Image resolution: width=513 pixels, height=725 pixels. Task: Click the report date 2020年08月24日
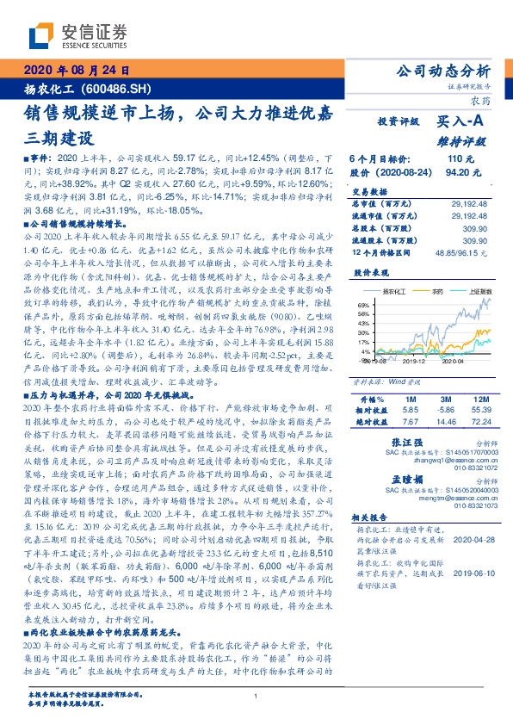click(78, 71)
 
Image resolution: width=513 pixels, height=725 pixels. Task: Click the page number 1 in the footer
click(256, 696)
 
